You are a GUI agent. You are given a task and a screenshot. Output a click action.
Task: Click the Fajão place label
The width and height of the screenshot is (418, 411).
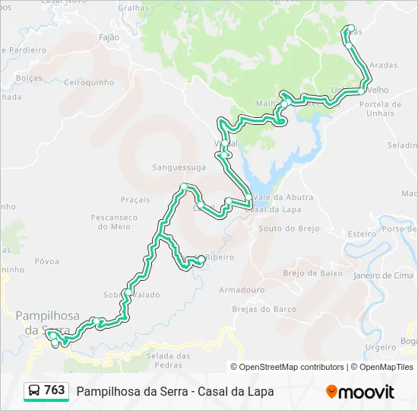coord(110,37)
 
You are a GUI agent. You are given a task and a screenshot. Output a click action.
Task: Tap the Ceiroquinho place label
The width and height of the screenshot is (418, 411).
coord(89,82)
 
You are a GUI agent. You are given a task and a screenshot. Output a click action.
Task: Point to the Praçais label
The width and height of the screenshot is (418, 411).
coord(135,199)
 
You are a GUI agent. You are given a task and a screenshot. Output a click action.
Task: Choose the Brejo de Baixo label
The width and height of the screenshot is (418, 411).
coord(312,272)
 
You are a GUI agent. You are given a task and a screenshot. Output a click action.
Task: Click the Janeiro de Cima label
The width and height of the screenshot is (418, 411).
coord(385,275)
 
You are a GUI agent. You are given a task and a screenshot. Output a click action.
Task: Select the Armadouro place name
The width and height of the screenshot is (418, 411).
coord(242,290)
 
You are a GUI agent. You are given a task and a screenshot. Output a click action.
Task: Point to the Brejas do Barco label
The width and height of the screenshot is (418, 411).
coord(264,309)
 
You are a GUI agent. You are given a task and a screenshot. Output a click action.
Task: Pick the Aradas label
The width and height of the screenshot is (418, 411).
coord(385,65)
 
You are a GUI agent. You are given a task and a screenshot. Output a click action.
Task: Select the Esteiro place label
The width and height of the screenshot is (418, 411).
coord(361,234)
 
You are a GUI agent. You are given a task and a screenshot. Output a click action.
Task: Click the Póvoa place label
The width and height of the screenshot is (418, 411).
coord(46,261)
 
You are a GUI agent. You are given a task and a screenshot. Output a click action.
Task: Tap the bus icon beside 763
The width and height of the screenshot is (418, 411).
coord(34,390)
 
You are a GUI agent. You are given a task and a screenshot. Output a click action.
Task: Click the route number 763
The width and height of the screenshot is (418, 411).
coord(55,390)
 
